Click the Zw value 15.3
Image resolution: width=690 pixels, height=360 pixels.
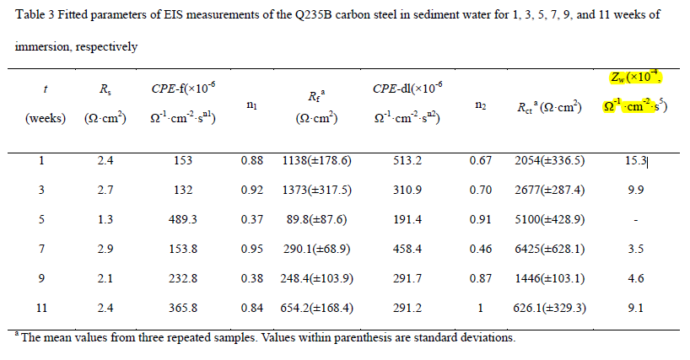[x=637, y=160]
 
